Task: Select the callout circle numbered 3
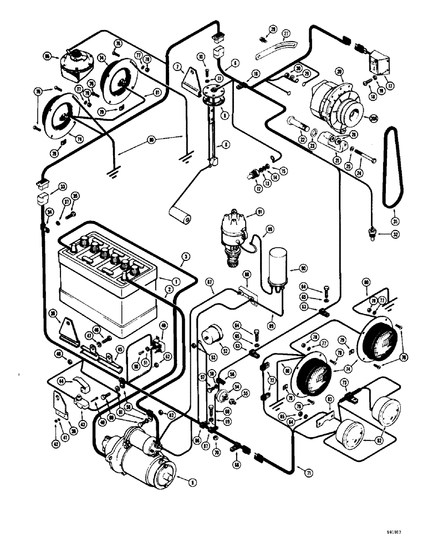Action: (x=185, y=256)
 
